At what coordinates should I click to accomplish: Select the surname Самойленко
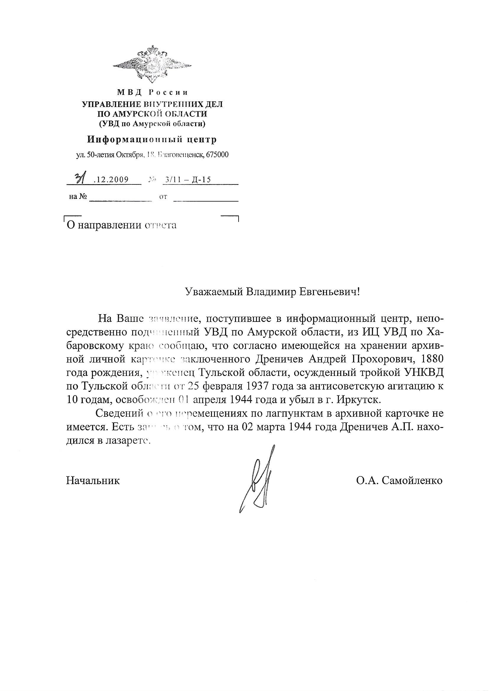point(412,481)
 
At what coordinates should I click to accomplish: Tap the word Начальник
point(93,481)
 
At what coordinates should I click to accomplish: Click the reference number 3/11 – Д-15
point(187,180)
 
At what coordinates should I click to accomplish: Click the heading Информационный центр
point(152,140)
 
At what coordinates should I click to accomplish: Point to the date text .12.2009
point(111,180)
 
